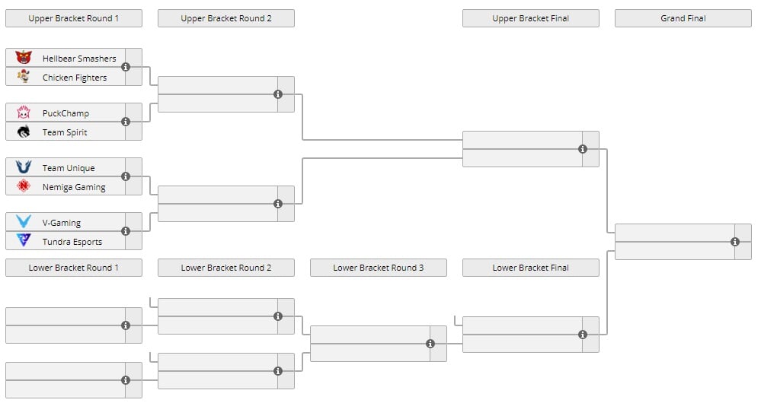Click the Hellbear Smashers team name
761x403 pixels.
coord(79,59)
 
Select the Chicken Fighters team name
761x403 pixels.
coord(74,78)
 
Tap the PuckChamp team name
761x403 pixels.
coord(66,113)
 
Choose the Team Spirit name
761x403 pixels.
coord(65,132)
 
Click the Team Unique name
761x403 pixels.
coord(69,168)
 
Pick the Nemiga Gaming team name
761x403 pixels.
coord(74,187)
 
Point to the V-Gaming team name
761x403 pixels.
coord(61,223)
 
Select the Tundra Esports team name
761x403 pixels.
coord(72,242)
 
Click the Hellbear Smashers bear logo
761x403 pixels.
coord(24,58)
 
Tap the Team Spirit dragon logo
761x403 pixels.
coord(24,132)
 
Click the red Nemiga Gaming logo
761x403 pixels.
coord(24,186)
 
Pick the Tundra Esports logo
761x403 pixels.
coord(24,240)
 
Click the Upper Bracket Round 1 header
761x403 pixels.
coord(74,18)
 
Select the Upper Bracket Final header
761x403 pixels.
coord(530,18)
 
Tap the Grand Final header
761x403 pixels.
coord(683,18)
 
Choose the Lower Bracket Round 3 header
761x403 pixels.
coord(378,268)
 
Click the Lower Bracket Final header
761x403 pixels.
coord(530,268)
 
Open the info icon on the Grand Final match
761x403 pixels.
coord(735,242)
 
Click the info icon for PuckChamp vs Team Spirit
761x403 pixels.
coord(126,122)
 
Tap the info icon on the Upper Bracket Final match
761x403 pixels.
coord(583,149)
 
